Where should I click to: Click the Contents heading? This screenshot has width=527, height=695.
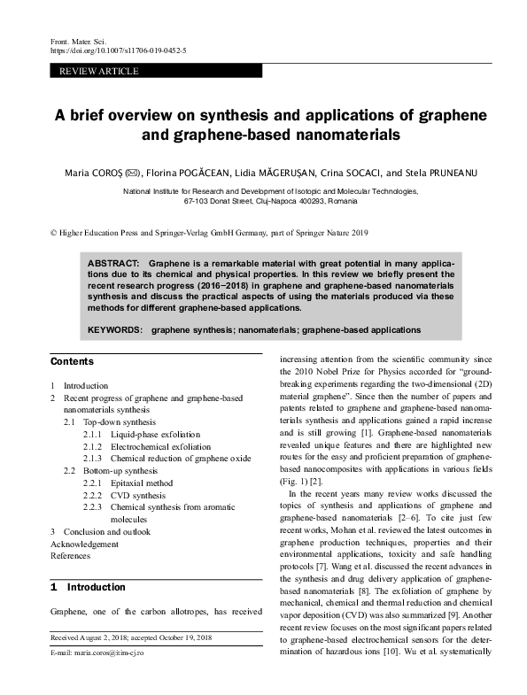72,362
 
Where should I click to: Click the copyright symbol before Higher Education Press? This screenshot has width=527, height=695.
51,233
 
